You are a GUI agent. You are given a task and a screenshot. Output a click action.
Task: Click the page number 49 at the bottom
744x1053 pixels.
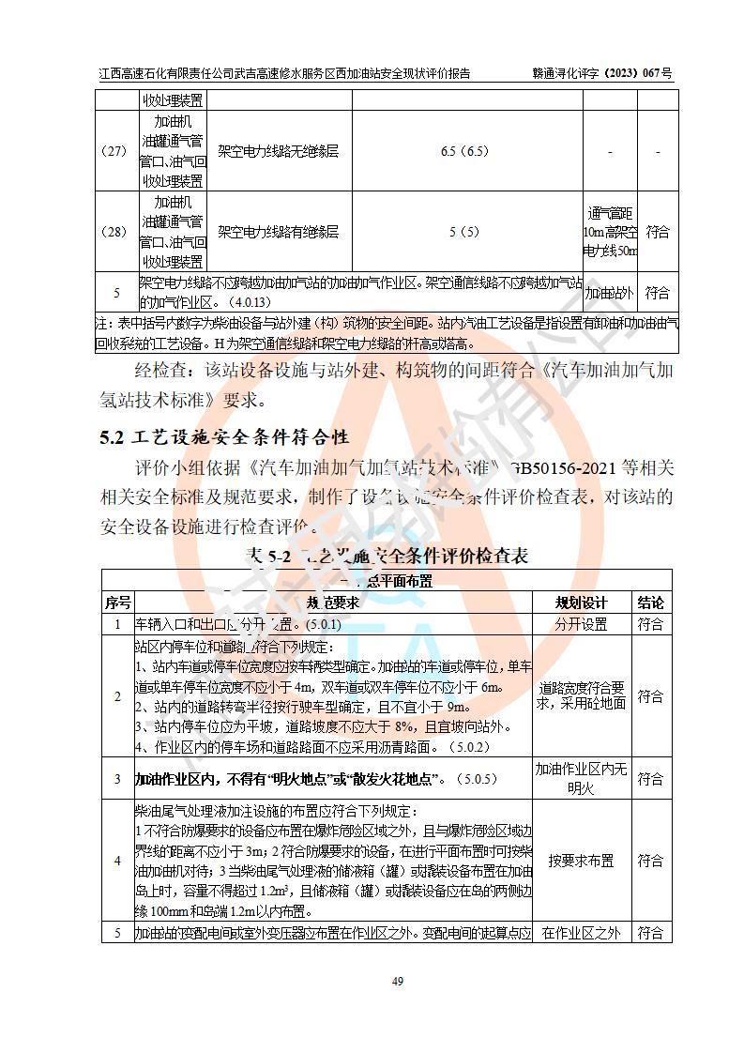372,982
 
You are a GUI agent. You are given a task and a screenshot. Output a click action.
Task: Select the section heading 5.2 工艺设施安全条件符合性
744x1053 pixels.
224,437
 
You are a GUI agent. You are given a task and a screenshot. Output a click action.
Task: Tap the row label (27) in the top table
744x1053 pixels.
117,151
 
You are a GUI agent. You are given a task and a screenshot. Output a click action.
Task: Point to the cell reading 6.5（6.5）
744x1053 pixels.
464,151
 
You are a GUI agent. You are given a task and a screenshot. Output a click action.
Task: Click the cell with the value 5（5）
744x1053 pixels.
464,232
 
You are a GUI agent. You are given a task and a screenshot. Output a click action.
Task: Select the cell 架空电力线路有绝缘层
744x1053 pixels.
279,232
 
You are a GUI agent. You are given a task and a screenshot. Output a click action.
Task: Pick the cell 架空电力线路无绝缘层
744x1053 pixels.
279,151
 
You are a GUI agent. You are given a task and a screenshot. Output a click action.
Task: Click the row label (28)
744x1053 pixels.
117,232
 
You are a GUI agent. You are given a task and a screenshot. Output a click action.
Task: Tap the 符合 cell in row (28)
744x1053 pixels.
658,232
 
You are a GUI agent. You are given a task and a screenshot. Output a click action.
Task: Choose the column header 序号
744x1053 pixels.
117,603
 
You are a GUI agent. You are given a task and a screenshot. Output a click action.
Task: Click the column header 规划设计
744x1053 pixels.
581,603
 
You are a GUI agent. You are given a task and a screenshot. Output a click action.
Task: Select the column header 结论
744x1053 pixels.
650,603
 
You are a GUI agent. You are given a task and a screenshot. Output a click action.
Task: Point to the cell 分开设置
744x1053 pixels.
581,624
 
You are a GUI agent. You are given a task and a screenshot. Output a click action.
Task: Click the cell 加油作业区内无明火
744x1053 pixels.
581,779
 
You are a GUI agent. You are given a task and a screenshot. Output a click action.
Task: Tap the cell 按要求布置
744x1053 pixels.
581,861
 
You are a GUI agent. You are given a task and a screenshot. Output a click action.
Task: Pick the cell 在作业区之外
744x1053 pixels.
581,933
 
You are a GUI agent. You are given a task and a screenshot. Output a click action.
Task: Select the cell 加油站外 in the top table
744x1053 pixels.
610,294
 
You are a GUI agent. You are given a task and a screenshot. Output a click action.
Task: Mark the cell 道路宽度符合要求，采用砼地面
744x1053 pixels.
581,695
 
